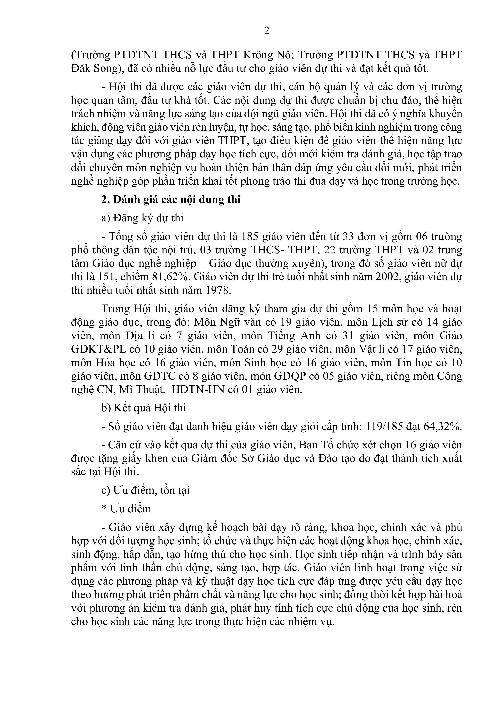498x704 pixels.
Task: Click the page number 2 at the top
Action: click(267, 31)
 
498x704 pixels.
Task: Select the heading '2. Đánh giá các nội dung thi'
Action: click(171, 200)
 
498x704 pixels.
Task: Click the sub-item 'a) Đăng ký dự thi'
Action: click(142, 218)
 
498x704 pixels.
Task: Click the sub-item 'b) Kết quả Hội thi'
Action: click(144, 408)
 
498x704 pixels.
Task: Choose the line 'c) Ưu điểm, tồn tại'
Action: click(146, 490)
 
